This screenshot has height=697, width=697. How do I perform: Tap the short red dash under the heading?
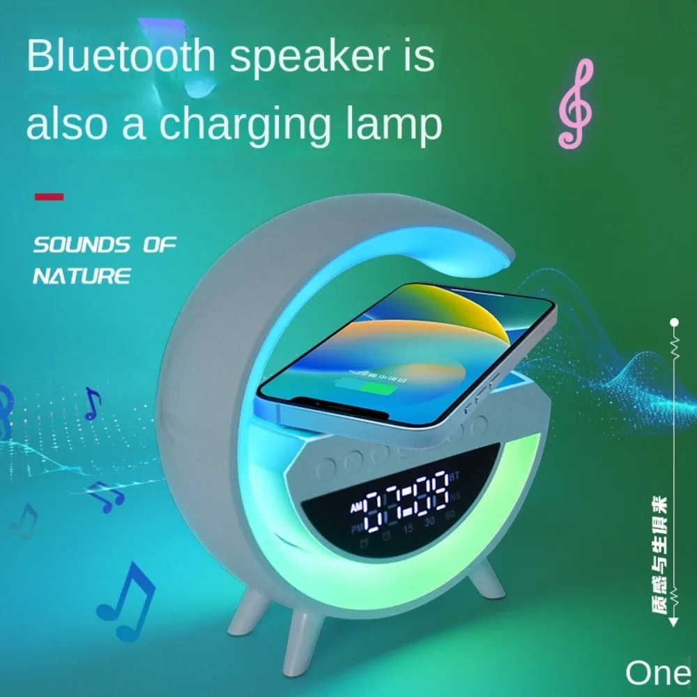pos(49,197)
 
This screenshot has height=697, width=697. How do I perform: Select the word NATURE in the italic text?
pos(82,275)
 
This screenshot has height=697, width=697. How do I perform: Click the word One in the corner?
pos(657,673)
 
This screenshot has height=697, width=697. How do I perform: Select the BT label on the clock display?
pos(456,477)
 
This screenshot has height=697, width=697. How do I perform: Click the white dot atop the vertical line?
pos(674,323)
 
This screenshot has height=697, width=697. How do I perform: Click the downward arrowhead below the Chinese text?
pos(674,622)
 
